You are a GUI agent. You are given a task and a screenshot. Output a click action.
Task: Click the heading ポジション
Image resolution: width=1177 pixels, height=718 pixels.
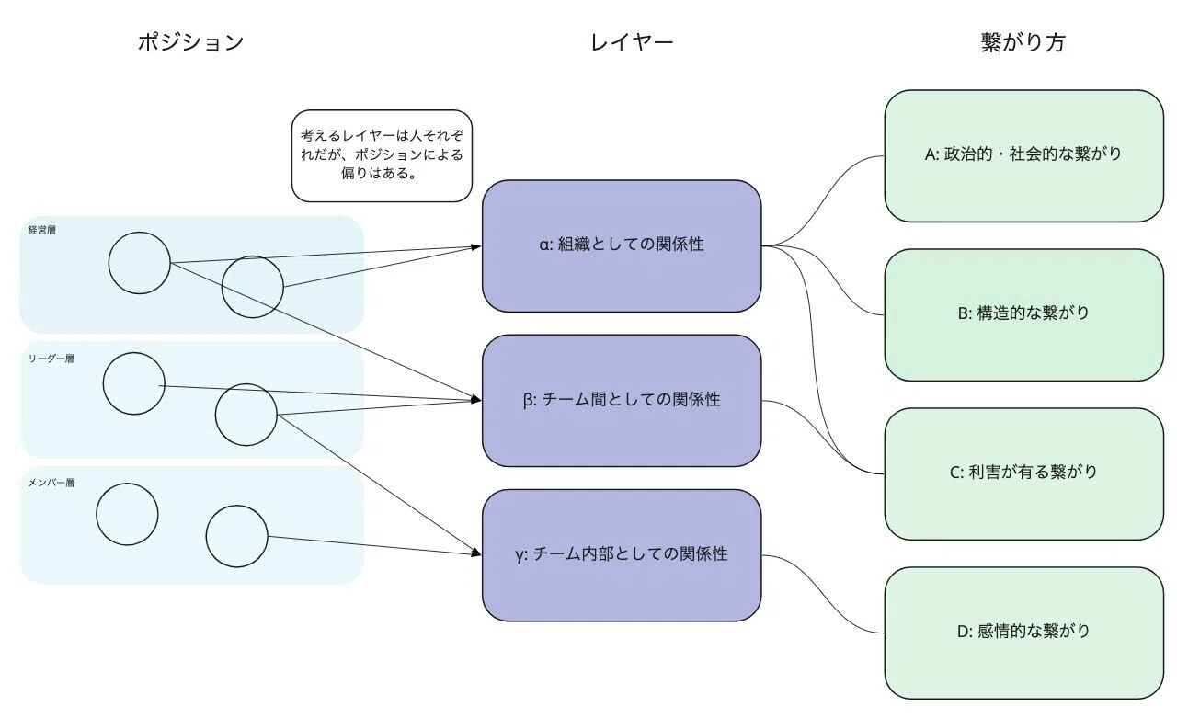click(190, 42)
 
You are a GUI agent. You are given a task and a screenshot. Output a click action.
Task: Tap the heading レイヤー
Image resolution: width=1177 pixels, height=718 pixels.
click(632, 42)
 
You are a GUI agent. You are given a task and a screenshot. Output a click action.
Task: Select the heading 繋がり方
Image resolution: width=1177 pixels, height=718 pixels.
click(1023, 42)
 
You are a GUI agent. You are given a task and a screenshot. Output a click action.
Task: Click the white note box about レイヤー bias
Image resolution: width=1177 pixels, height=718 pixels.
click(382, 155)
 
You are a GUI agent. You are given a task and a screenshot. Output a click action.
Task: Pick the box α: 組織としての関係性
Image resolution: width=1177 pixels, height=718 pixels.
click(622, 245)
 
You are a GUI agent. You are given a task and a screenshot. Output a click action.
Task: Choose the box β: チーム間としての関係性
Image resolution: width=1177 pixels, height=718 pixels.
click(622, 400)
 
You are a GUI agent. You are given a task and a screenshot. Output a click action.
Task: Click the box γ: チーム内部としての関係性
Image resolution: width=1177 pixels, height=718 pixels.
click(622, 555)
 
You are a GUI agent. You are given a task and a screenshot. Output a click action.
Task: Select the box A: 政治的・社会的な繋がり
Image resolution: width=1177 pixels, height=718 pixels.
click(1024, 155)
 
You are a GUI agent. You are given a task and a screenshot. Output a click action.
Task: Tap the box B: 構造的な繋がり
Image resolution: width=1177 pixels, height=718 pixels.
click(1024, 314)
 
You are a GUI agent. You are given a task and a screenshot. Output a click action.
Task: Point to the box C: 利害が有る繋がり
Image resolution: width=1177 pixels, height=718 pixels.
click(1024, 473)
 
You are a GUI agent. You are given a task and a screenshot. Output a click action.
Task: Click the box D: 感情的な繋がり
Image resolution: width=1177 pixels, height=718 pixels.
click(1024, 633)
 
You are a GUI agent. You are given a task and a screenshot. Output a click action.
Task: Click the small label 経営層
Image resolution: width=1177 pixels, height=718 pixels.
click(42, 230)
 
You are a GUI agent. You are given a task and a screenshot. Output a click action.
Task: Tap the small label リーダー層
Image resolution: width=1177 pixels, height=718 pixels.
click(51, 359)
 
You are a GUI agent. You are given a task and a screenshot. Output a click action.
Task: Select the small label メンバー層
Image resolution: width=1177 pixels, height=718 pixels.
click(51, 483)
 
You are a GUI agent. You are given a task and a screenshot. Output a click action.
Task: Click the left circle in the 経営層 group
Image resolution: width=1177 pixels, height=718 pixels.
click(109, 263)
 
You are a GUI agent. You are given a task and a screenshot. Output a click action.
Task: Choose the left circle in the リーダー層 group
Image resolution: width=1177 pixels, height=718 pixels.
click(103, 383)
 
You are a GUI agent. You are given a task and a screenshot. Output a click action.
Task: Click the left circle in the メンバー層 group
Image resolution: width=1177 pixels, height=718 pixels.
click(97, 514)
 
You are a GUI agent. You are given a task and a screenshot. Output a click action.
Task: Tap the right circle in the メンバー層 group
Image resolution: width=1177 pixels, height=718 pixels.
click(206, 536)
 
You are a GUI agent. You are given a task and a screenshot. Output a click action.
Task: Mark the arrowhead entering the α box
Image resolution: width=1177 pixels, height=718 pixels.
click(476, 246)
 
